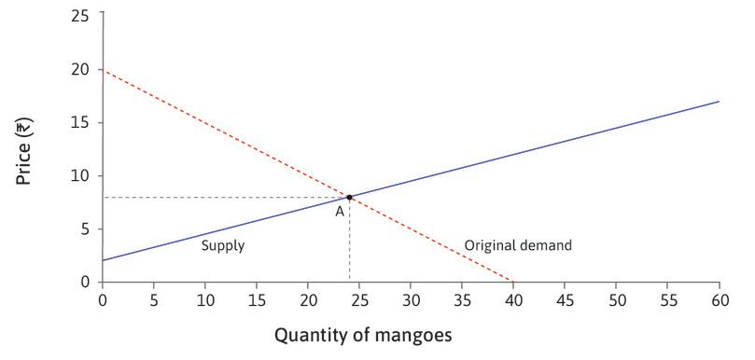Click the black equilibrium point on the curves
pyautogui.click(x=349, y=197)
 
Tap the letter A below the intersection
pyautogui.click(x=340, y=212)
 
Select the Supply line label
pyautogui.click(x=223, y=246)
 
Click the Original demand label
pyautogui.click(x=517, y=246)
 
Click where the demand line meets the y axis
pyautogui.click(x=103, y=69)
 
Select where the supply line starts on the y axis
pyautogui.click(x=103, y=260)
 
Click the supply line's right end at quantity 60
pyautogui.click(x=719, y=102)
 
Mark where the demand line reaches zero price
pyautogui.click(x=513, y=282)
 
